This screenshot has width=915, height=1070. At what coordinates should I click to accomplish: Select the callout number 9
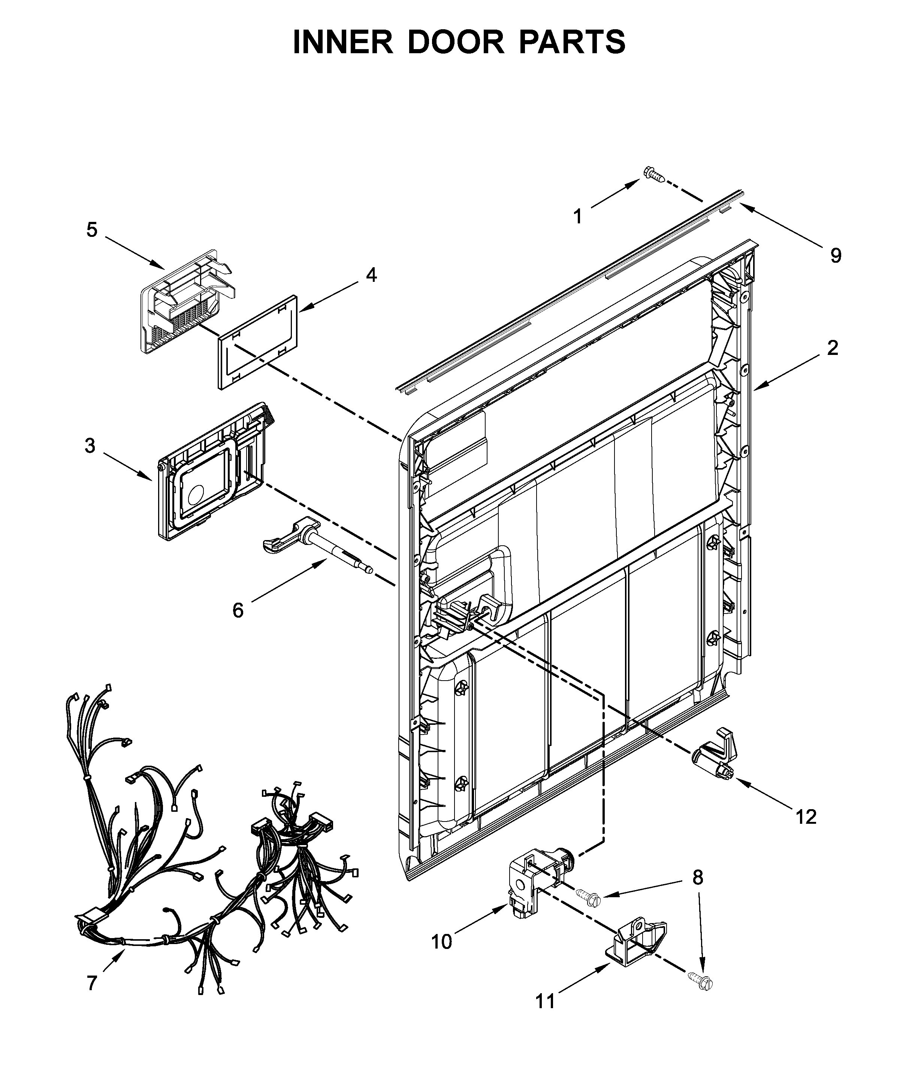click(836, 255)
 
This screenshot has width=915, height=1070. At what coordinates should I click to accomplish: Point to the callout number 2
click(833, 349)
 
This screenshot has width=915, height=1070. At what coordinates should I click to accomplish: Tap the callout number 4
click(371, 275)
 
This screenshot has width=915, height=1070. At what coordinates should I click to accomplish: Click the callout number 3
click(90, 446)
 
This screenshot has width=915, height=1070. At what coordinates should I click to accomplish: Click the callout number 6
click(238, 611)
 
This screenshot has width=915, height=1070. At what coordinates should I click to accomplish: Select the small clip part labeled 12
click(715, 763)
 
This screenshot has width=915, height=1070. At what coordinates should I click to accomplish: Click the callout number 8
click(698, 877)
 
